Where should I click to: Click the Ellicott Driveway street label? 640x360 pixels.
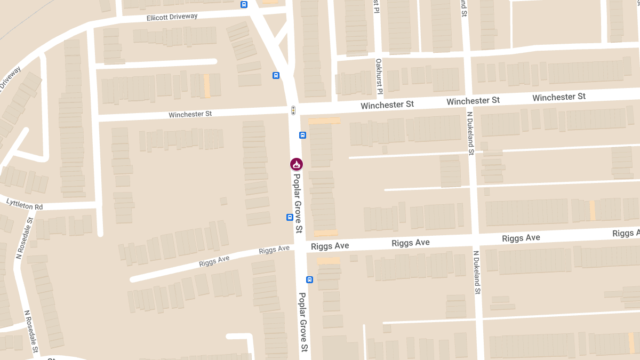172,17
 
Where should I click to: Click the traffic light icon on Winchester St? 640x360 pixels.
293,110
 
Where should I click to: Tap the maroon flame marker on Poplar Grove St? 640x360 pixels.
297,164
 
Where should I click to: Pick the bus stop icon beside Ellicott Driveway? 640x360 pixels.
244,5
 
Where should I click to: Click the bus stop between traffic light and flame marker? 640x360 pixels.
302,135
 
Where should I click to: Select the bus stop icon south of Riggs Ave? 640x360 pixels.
309,279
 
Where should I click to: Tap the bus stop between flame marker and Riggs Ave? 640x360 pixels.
290,217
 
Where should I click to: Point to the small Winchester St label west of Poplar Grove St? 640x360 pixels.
190,114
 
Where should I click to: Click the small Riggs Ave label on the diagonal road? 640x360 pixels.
214,259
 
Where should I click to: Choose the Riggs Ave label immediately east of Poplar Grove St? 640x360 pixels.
330,246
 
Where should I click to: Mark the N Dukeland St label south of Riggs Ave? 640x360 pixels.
476,272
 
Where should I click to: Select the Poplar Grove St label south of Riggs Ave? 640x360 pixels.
303,322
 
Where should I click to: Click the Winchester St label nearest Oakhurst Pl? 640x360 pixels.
387,105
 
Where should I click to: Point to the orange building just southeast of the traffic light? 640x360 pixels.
324,121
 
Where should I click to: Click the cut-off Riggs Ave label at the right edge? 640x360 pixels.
626,233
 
